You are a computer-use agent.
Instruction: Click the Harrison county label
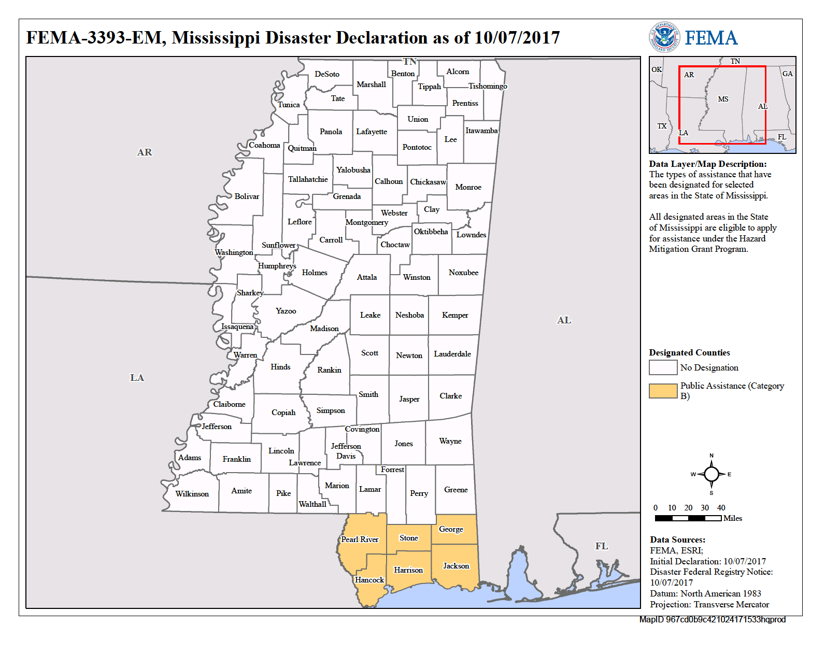pos(408,570)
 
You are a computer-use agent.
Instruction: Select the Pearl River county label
pos(360,539)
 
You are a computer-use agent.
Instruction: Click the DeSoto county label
pos(327,74)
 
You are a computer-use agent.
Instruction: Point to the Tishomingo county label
pos(488,86)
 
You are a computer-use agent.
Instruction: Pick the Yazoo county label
pos(286,311)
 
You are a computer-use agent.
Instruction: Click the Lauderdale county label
pos(452,354)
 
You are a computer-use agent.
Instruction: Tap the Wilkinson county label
pos(192,494)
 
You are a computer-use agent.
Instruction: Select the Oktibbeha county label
pos(431,232)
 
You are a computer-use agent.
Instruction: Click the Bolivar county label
pos(247,196)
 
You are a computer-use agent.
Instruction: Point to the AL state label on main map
pos(564,320)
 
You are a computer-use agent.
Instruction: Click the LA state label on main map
pos(137,378)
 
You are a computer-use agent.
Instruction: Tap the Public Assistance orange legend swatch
pos(663,391)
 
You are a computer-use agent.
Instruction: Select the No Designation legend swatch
pos(663,367)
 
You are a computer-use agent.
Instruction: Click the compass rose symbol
pos(712,474)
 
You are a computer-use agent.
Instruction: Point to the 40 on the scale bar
pos(721,508)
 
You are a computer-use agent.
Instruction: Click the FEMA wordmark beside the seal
pos(711,38)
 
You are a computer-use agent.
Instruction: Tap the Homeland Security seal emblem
pos(664,37)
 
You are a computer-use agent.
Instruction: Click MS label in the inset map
pos(723,99)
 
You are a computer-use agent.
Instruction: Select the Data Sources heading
pos(677,539)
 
